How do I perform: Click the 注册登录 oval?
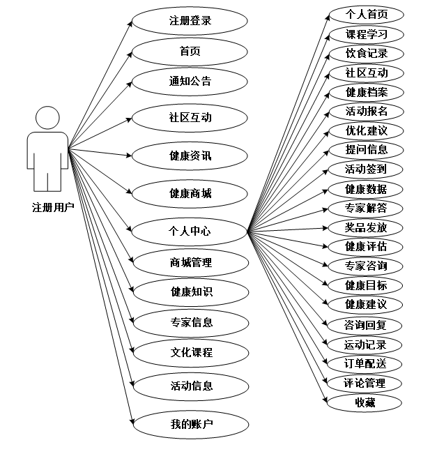[x=190, y=21]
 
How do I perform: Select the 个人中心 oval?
[x=190, y=231]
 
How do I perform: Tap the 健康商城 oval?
[x=190, y=193]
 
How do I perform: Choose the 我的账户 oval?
[x=190, y=423]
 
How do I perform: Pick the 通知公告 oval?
[x=190, y=82]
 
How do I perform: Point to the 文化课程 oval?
[x=190, y=353]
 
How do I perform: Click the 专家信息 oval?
[x=190, y=322]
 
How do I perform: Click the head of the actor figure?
[x=47, y=117]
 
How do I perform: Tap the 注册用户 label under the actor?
[x=53, y=207]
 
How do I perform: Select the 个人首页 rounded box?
[x=367, y=15]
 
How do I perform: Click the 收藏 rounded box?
[x=367, y=402]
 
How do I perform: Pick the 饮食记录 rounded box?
[x=367, y=54]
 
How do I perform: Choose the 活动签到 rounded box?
[x=367, y=169]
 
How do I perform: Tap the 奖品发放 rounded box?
[x=367, y=227]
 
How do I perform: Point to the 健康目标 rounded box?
[x=367, y=285]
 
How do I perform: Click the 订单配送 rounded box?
[x=367, y=363]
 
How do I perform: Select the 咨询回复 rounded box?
[x=367, y=325]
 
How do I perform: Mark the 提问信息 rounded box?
[x=367, y=149]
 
